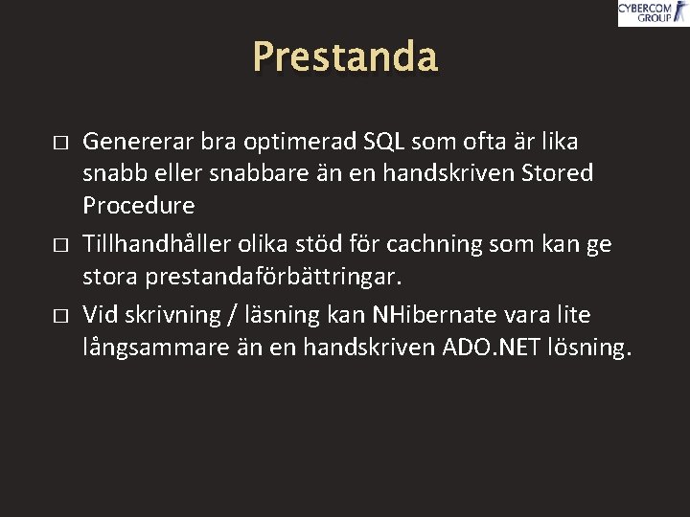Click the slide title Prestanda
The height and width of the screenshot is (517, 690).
click(x=345, y=57)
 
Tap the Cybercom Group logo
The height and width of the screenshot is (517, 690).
click(x=652, y=12)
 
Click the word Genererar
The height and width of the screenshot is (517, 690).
click(x=139, y=142)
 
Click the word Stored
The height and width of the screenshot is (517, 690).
click(x=556, y=173)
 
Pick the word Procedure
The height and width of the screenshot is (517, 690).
click(x=139, y=205)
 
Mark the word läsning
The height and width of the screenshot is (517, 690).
click(x=278, y=315)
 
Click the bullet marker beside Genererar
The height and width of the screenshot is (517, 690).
click(x=59, y=143)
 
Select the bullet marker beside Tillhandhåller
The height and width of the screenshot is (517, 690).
click(x=59, y=245)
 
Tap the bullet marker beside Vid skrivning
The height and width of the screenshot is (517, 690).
click(x=59, y=316)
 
